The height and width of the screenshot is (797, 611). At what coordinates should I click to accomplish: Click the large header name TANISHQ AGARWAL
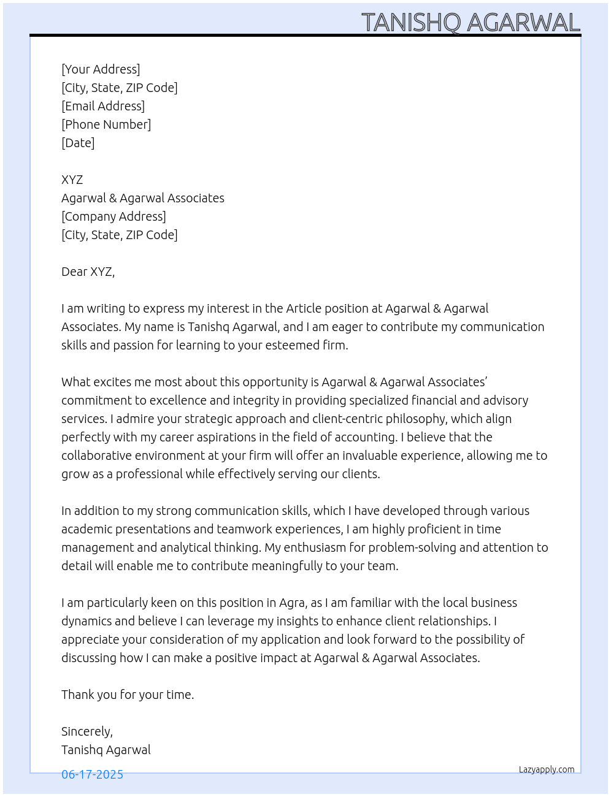point(471,23)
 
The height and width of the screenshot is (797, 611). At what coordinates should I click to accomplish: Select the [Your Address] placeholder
point(101,69)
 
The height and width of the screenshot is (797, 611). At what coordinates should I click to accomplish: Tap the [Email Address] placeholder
point(103,106)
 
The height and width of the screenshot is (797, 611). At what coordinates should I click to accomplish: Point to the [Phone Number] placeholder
point(106,124)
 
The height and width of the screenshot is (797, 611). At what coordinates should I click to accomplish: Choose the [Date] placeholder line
point(78,143)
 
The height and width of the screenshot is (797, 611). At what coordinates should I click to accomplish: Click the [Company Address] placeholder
point(113,216)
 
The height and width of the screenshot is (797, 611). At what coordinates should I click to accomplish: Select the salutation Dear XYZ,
point(88,272)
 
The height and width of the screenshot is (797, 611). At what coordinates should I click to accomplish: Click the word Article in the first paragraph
point(304,308)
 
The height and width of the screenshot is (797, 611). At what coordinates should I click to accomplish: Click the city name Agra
point(292,603)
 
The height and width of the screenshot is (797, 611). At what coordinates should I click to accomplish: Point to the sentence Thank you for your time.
point(128,695)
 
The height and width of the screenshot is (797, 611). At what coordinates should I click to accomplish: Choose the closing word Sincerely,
point(87,731)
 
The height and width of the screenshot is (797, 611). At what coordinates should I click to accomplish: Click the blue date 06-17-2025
point(92,774)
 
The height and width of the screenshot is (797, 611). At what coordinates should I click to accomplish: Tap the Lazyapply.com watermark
point(547,769)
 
